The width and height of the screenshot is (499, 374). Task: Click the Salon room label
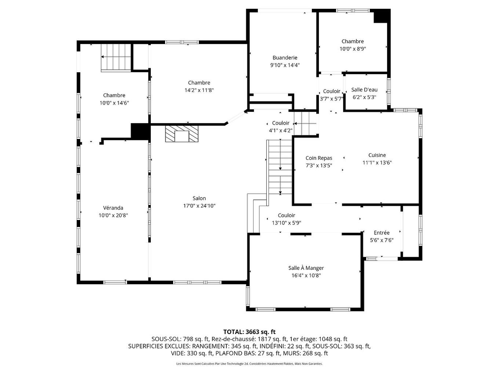pyautogui.click(x=199, y=198)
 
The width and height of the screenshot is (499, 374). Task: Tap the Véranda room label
pyautogui.click(x=113, y=208)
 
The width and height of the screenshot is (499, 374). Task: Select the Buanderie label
pyautogui.click(x=285, y=58)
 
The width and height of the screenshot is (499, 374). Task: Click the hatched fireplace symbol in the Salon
pyautogui.click(x=182, y=134)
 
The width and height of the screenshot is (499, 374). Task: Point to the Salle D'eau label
pyautogui.click(x=364, y=90)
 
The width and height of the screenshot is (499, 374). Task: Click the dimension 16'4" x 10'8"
pyautogui.click(x=306, y=276)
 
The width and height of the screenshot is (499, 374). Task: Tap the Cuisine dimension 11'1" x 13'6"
pyautogui.click(x=377, y=163)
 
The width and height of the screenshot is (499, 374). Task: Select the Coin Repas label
pyautogui.click(x=318, y=158)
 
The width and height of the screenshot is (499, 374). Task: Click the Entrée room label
pyautogui.click(x=382, y=233)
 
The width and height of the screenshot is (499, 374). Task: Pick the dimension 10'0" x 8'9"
pyautogui.click(x=353, y=49)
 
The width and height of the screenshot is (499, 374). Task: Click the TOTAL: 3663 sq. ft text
pyautogui.click(x=249, y=332)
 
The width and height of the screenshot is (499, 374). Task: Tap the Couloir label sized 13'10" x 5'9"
pyautogui.click(x=286, y=216)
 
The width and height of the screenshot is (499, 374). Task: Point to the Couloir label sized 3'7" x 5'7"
pyautogui.click(x=331, y=91)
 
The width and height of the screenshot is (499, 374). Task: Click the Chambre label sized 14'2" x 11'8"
pyautogui.click(x=199, y=83)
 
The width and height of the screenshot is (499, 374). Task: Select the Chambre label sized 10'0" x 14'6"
pyautogui.click(x=114, y=95)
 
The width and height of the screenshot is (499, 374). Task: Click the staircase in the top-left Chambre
pyautogui.click(x=116, y=57)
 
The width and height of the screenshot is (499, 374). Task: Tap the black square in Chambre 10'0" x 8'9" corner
pyautogui.click(x=381, y=16)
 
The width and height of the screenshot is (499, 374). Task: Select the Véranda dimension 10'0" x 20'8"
pyautogui.click(x=113, y=216)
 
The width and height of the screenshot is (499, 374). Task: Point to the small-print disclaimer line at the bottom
pyautogui.click(x=249, y=364)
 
